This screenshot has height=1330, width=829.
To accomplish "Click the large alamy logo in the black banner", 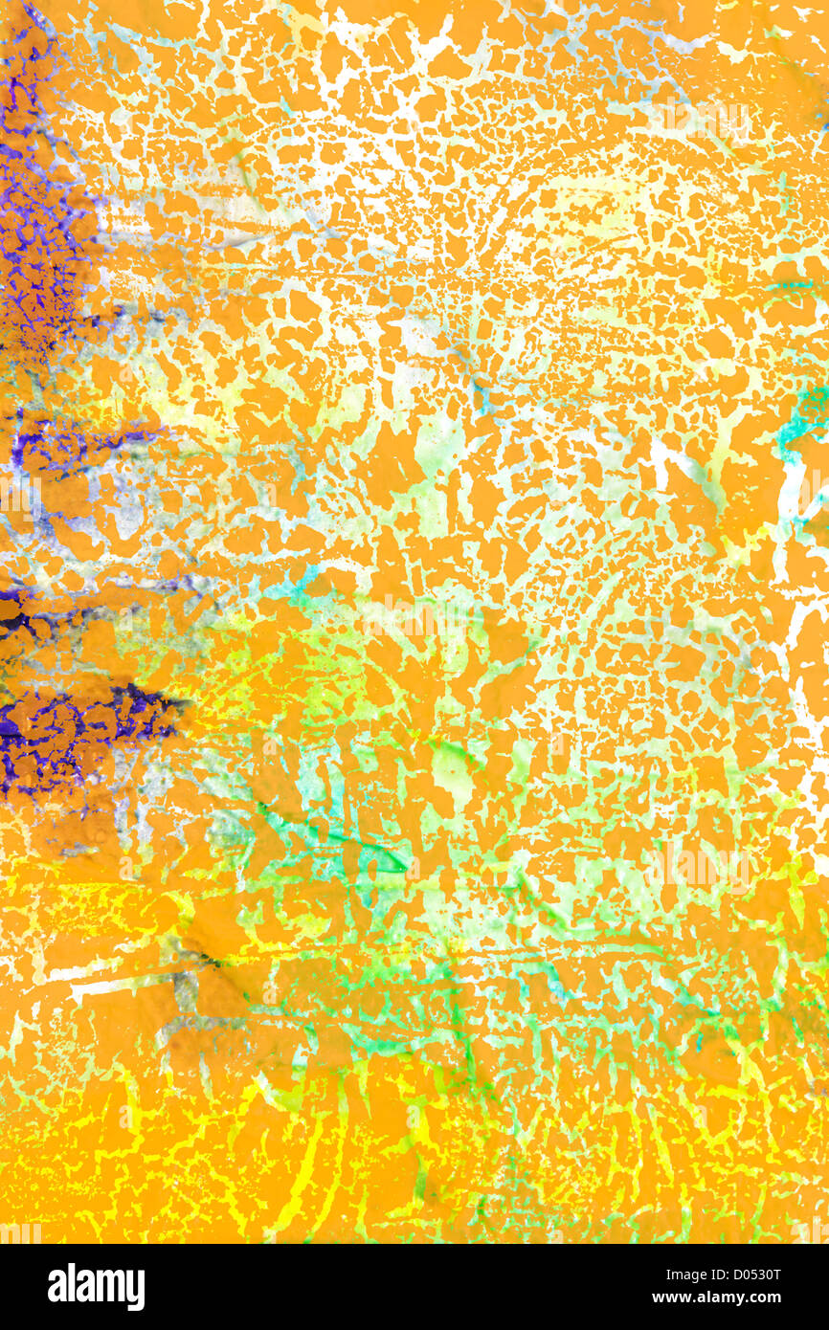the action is coord(96,1287).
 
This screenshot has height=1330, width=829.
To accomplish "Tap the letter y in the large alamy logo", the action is coord(137,1290).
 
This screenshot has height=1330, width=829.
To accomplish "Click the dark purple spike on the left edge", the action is coord(86,713).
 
